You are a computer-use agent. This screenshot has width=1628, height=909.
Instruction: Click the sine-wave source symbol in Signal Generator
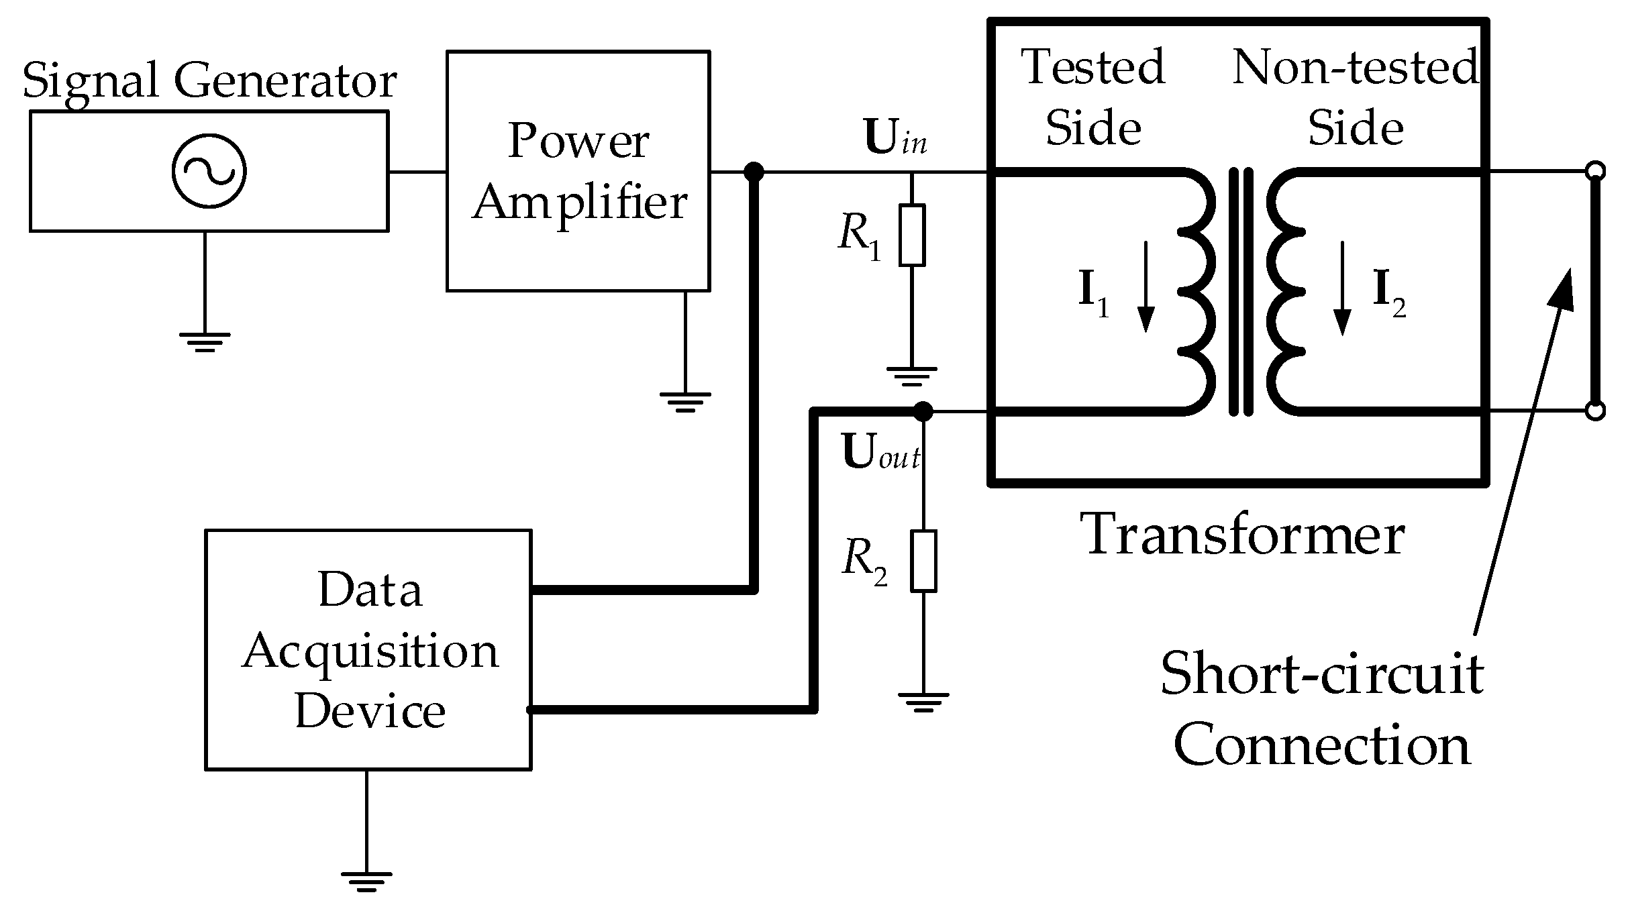(x=209, y=171)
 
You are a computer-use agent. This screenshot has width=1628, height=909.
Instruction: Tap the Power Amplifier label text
(x=578, y=172)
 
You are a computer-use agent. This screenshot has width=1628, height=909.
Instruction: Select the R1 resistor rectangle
(x=912, y=235)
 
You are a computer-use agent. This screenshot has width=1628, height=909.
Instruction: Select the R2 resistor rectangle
(x=923, y=561)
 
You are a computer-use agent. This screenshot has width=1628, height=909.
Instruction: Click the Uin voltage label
(x=895, y=140)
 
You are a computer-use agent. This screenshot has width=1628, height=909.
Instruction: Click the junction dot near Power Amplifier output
(x=754, y=172)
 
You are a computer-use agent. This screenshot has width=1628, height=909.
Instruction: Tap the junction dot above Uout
(x=923, y=411)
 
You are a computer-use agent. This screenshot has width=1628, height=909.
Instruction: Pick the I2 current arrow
(x=1342, y=288)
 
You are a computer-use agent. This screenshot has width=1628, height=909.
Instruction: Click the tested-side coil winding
(x=1198, y=292)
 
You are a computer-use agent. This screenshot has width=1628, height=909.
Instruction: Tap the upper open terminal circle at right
(x=1596, y=171)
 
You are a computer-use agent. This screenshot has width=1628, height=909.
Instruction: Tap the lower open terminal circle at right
(x=1596, y=411)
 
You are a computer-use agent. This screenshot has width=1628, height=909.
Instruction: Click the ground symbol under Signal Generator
(x=205, y=341)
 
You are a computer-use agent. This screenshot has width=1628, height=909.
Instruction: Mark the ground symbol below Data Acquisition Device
(x=366, y=880)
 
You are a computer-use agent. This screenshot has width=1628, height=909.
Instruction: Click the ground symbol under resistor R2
(x=923, y=702)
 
